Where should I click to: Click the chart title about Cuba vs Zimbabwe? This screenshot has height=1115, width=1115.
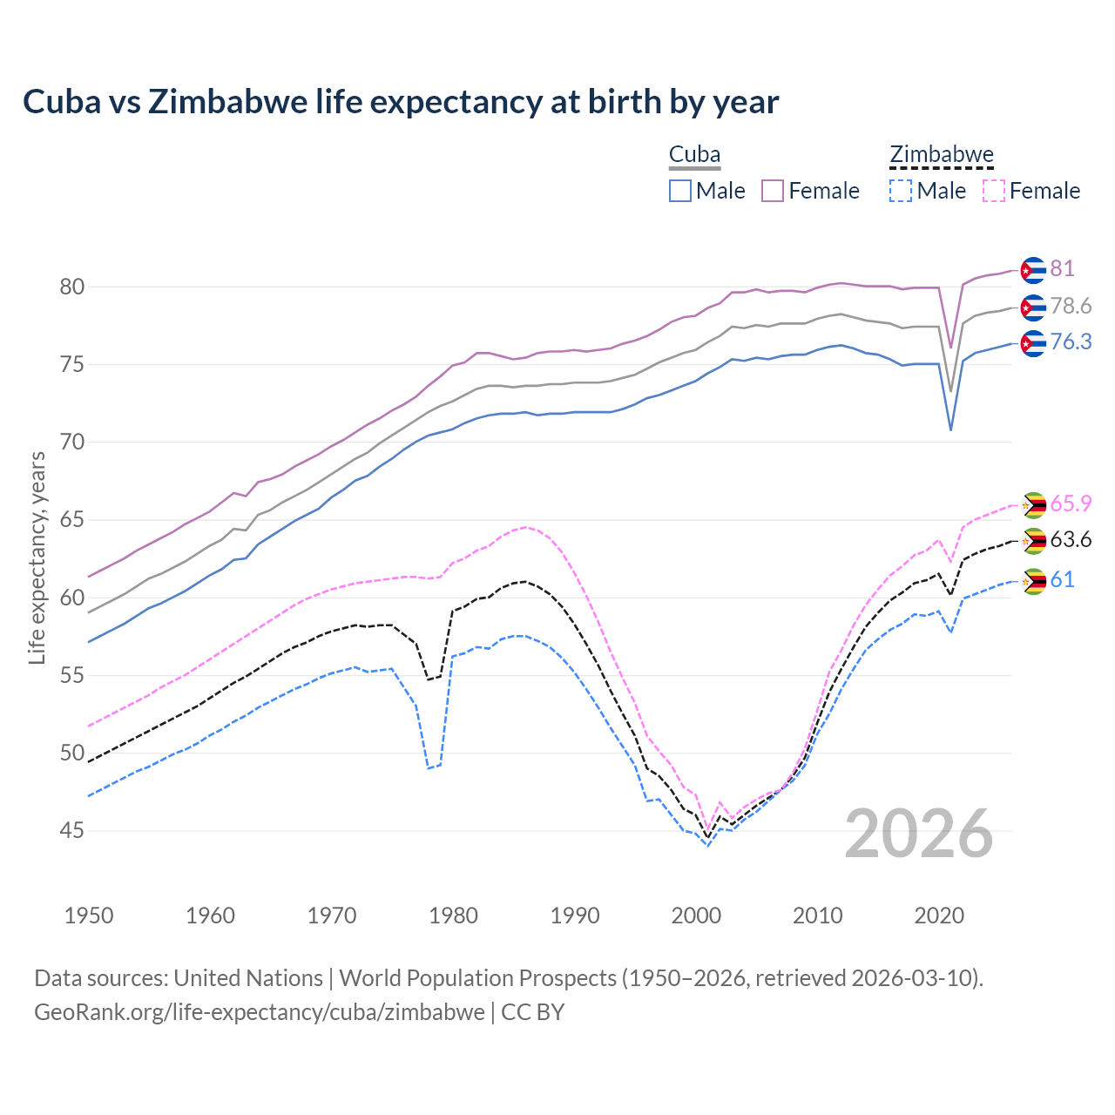pyautogui.click(x=401, y=102)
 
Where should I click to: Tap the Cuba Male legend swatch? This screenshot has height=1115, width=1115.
pyautogui.click(x=680, y=191)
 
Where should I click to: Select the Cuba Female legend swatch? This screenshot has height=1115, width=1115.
pyautogui.click(x=773, y=191)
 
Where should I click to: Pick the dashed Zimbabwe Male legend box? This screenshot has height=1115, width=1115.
pyautogui.click(x=901, y=191)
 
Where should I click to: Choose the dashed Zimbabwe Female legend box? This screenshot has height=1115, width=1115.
pyautogui.click(x=993, y=191)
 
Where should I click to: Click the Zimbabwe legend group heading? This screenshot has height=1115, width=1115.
pyautogui.click(x=941, y=155)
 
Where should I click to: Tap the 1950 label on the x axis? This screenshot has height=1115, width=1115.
pyautogui.click(x=89, y=916)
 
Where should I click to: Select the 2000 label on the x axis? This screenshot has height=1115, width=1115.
pyautogui.click(x=696, y=916)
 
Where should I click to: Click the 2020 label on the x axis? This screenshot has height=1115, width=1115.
pyautogui.click(x=939, y=916)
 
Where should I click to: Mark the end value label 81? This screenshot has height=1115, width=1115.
pyautogui.click(x=1062, y=268)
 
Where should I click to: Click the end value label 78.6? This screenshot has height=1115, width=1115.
pyautogui.click(x=1071, y=306)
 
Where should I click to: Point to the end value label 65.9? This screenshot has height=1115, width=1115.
pyautogui.click(x=1071, y=503)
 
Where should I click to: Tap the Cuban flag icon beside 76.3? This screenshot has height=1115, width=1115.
pyautogui.click(x=1033, y=343)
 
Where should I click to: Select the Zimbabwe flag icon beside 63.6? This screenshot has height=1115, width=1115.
pyautogui.click(x=1033, y=541)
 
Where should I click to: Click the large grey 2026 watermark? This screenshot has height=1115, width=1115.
pyautogui.click(x=919, y=834)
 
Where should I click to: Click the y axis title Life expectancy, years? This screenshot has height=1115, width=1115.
pyautogui.click(x=37, y=557)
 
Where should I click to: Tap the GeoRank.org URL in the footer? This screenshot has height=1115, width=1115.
pyautogui.click(x=260, y=1012)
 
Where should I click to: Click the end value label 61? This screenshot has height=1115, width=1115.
pyautogui.click(x=1062, y=579)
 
